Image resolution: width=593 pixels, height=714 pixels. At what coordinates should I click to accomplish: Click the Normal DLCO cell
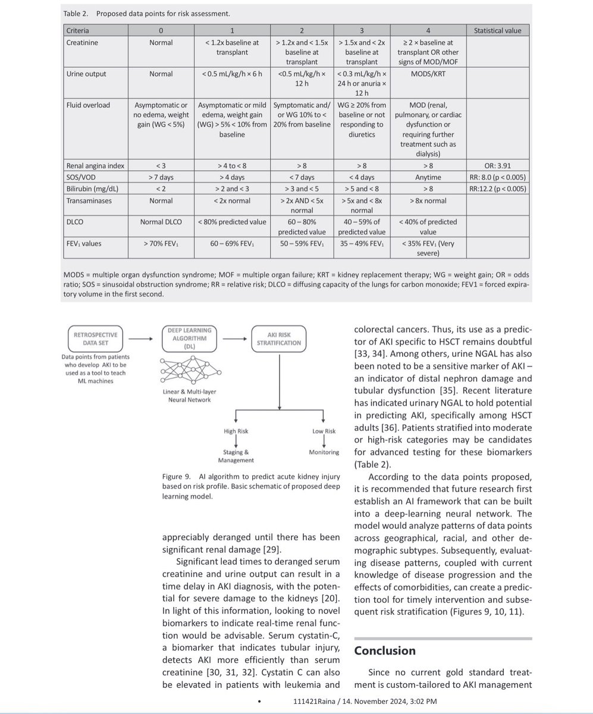(161, 221)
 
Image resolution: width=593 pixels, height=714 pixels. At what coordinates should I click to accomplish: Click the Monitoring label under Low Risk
(324, 452)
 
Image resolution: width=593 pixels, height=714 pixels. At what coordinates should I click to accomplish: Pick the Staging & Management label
(236, 456)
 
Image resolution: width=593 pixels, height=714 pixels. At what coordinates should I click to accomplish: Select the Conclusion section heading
(385, 650)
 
